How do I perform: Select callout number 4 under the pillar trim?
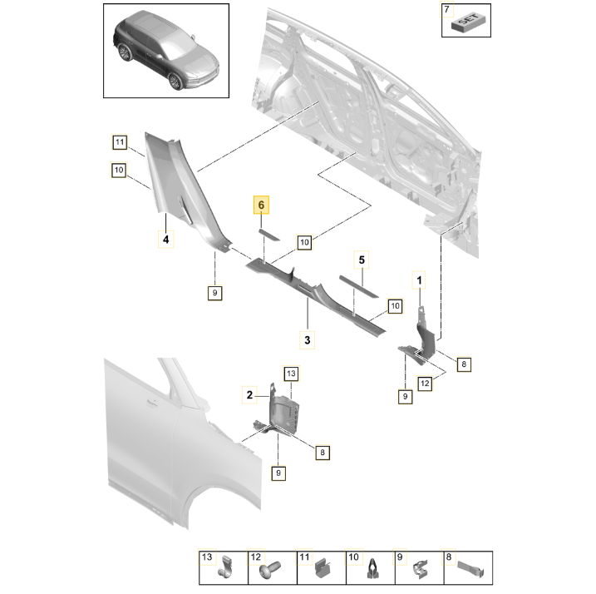165,240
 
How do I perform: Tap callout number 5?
362,260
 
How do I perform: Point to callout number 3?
307,339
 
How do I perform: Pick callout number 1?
420,280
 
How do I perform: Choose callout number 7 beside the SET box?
446,9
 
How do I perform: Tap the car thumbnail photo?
165,52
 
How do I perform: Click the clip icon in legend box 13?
226,572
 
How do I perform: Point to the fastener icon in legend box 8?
471,572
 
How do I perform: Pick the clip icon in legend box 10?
372,572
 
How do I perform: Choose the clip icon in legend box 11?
324,572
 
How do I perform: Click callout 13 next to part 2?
290,374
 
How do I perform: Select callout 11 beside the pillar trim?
120,142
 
